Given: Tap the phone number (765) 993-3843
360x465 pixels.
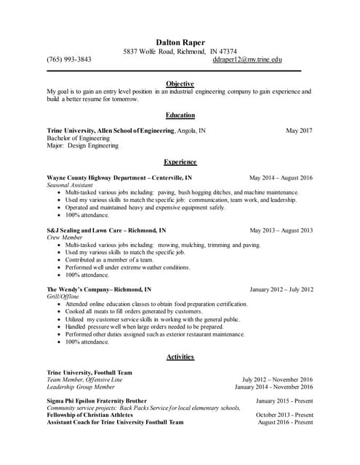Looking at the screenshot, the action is point(69,60).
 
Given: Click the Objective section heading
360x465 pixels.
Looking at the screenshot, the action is point(180,84).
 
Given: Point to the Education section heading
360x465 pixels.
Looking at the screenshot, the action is point(180,115).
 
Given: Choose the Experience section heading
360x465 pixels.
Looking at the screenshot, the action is point(180,161).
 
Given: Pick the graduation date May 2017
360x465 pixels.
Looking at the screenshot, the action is point(299,131).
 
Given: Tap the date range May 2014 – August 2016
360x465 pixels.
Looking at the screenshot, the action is point(281,177).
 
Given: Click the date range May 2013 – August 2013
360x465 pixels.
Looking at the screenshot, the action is point(281,230).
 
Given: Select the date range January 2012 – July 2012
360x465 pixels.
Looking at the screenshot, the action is point(281,289).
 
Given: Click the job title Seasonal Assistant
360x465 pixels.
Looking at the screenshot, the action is point(70,185).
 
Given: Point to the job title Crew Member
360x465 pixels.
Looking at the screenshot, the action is point(65,238).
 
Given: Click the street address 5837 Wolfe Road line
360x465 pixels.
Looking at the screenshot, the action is point(180,52).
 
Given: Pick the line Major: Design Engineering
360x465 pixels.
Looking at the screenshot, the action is point(82,145).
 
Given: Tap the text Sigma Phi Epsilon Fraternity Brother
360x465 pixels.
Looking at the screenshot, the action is point(97,400).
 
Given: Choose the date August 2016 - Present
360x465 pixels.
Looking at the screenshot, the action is point(285,422).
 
